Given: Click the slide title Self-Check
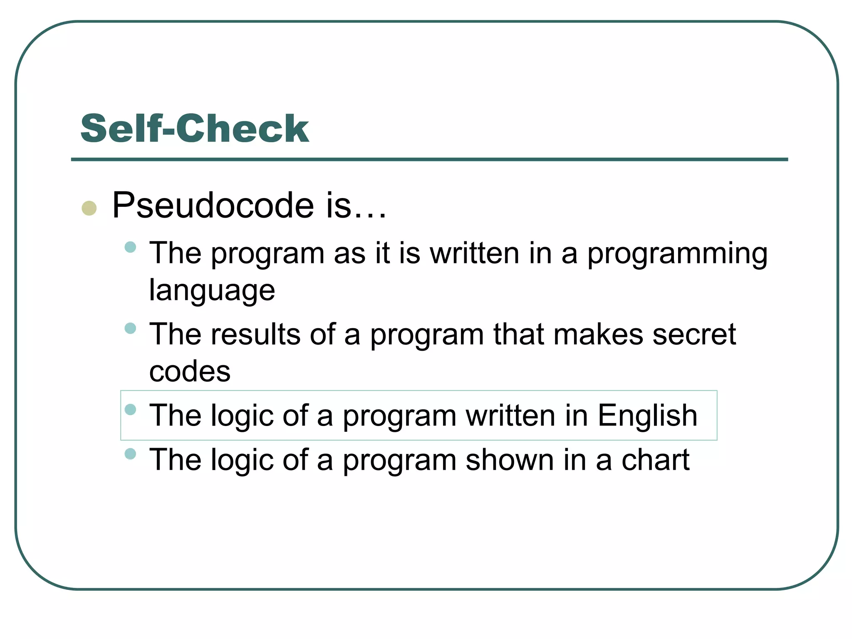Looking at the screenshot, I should click(194, 129).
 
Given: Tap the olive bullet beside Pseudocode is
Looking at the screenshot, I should click(89, 208).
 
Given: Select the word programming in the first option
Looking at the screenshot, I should click(677, 254).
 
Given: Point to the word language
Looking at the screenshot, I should click(212, 290).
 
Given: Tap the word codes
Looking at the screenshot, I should click(190, 371).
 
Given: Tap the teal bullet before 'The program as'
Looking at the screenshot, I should click(130, 247).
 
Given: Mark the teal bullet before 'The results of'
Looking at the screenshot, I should click(130, 328).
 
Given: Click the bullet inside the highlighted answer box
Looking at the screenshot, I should click(130, 409).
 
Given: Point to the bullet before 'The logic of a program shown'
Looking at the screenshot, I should click(130, 453).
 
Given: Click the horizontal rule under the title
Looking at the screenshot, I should click(429, 159).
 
